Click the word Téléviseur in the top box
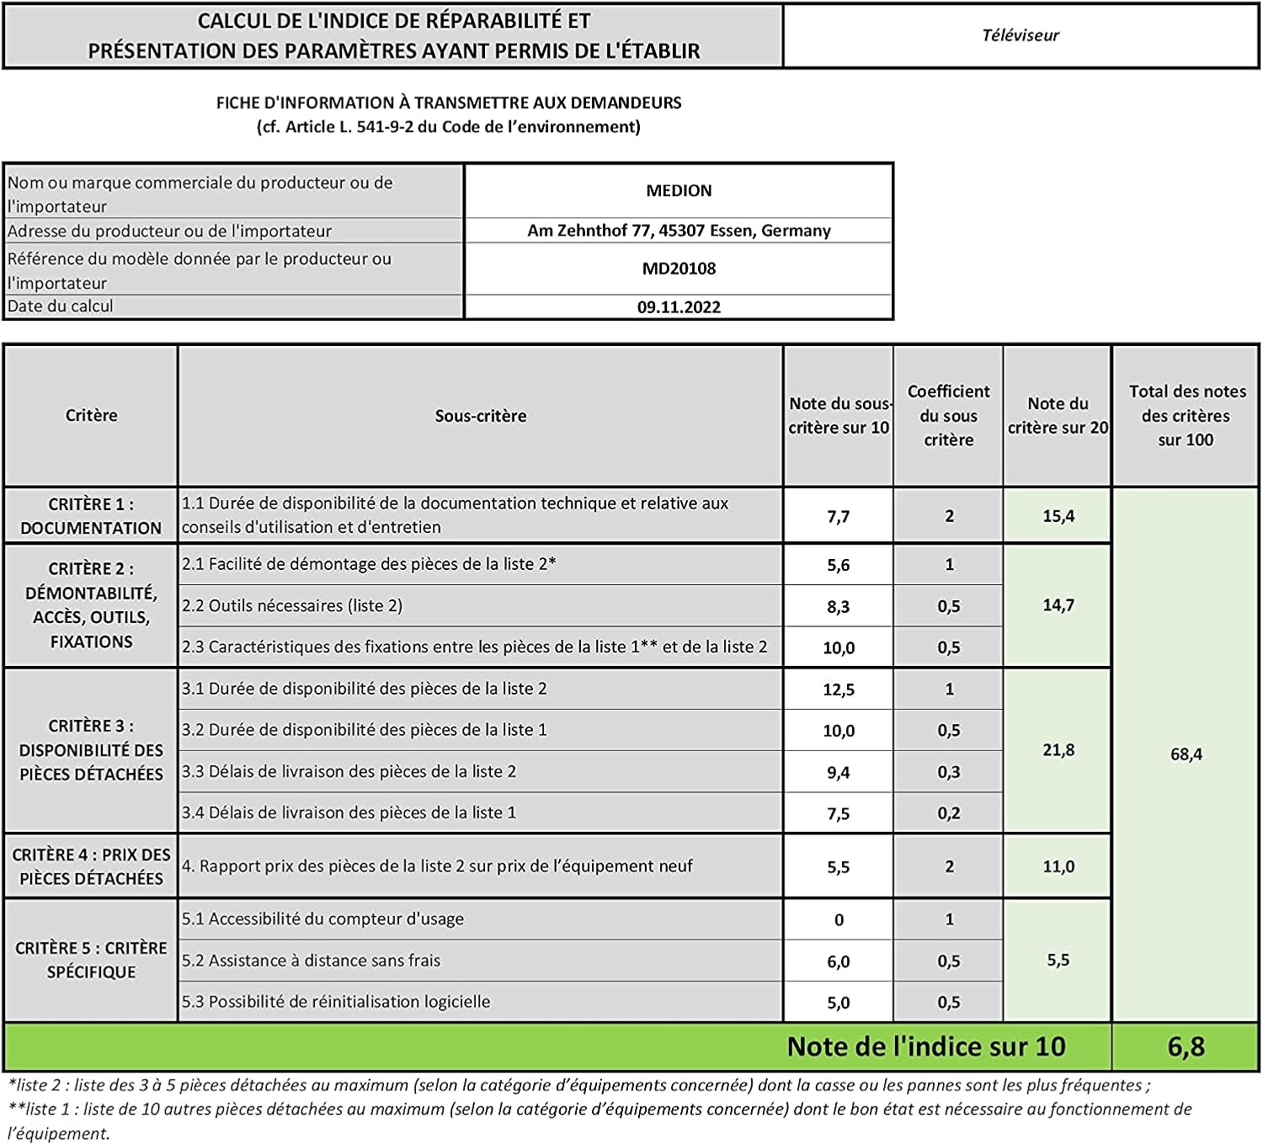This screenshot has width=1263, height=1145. [x=1020, y=35]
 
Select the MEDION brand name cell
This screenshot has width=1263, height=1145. [x=679, y=191]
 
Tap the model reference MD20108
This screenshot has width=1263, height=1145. [x=679, y=269]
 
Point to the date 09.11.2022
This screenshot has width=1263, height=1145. [x=679, y=307]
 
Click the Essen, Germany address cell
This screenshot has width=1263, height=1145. [x=679, y=231]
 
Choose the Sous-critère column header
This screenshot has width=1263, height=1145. [x=480, y=416]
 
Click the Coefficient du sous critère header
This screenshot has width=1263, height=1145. [x=948, y=415]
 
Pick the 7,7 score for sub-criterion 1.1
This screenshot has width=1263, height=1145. [x=838, y=517]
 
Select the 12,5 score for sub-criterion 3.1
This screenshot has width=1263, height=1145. [x=838, y=690]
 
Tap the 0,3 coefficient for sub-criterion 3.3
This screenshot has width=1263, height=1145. [x=948, y=772]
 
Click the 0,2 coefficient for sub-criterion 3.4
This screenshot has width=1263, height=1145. [x=948, y=813]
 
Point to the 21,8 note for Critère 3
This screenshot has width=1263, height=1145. [x=1058, y=750]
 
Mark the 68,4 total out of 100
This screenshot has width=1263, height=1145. [x=1186, y=754]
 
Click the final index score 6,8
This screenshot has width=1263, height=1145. [x=1186, y=1046]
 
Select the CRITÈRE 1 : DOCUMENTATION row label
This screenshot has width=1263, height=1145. [x=91, y=516]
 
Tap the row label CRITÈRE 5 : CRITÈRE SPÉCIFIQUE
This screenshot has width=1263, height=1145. [x=91, y=960]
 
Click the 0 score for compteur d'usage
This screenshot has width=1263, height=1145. [x=839, y=920]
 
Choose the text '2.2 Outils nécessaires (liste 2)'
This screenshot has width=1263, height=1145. [x=292, y=606]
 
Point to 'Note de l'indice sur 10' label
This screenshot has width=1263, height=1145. [x=926, y=1046]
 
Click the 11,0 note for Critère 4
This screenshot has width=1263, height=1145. [x=1058, y=866]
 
